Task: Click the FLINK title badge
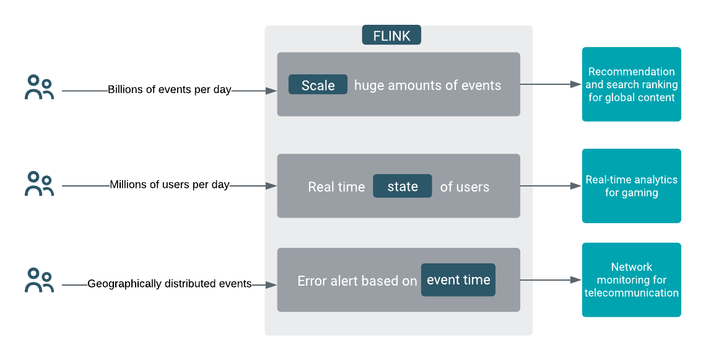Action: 391,35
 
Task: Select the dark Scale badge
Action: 318,85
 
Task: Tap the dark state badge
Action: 402,186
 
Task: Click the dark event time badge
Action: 458,280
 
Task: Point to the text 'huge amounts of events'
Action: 427,86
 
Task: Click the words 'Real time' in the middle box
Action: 336,187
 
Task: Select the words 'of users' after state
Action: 464,187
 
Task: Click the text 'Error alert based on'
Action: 357,281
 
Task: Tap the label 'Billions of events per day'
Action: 169,90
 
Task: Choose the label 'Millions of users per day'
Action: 169,185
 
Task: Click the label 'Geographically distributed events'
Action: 169,284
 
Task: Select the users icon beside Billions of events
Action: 39,87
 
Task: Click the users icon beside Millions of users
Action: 39,183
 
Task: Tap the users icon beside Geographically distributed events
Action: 39,280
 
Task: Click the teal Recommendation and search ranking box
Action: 631,84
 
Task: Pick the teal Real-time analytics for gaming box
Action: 631,186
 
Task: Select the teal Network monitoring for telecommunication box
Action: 631,280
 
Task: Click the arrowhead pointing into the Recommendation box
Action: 576,84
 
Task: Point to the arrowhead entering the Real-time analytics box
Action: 576,185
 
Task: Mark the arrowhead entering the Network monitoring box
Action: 576,280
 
